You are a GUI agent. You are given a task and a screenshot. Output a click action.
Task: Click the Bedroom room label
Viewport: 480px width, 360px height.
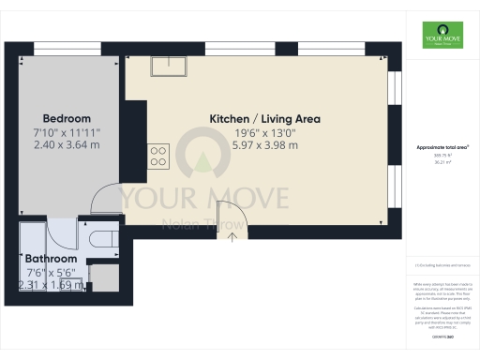[x=67, y=119]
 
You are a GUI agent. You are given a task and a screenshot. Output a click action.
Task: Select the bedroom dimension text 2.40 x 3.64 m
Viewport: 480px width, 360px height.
[x=67, y=145]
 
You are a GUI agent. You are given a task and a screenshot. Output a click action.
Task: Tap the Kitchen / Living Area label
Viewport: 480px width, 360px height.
[x=264, y=119]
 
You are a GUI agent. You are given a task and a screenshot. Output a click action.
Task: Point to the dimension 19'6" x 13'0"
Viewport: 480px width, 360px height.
[x=264, y=133]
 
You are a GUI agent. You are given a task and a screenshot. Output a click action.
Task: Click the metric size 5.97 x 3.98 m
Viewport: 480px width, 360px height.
[x=264, y=146]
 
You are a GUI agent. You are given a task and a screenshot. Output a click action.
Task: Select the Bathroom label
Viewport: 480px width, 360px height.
[x=51, y=258]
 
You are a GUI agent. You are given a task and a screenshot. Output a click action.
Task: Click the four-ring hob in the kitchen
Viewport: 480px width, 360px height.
[x=157, y=156]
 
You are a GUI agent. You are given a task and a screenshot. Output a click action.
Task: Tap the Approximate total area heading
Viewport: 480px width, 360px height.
[x=442, y=147]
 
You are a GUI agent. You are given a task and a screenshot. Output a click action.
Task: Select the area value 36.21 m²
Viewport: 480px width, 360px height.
[x=442, y=162]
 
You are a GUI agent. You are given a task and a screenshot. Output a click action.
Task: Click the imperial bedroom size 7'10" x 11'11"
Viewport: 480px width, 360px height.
[x=67, y=132]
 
